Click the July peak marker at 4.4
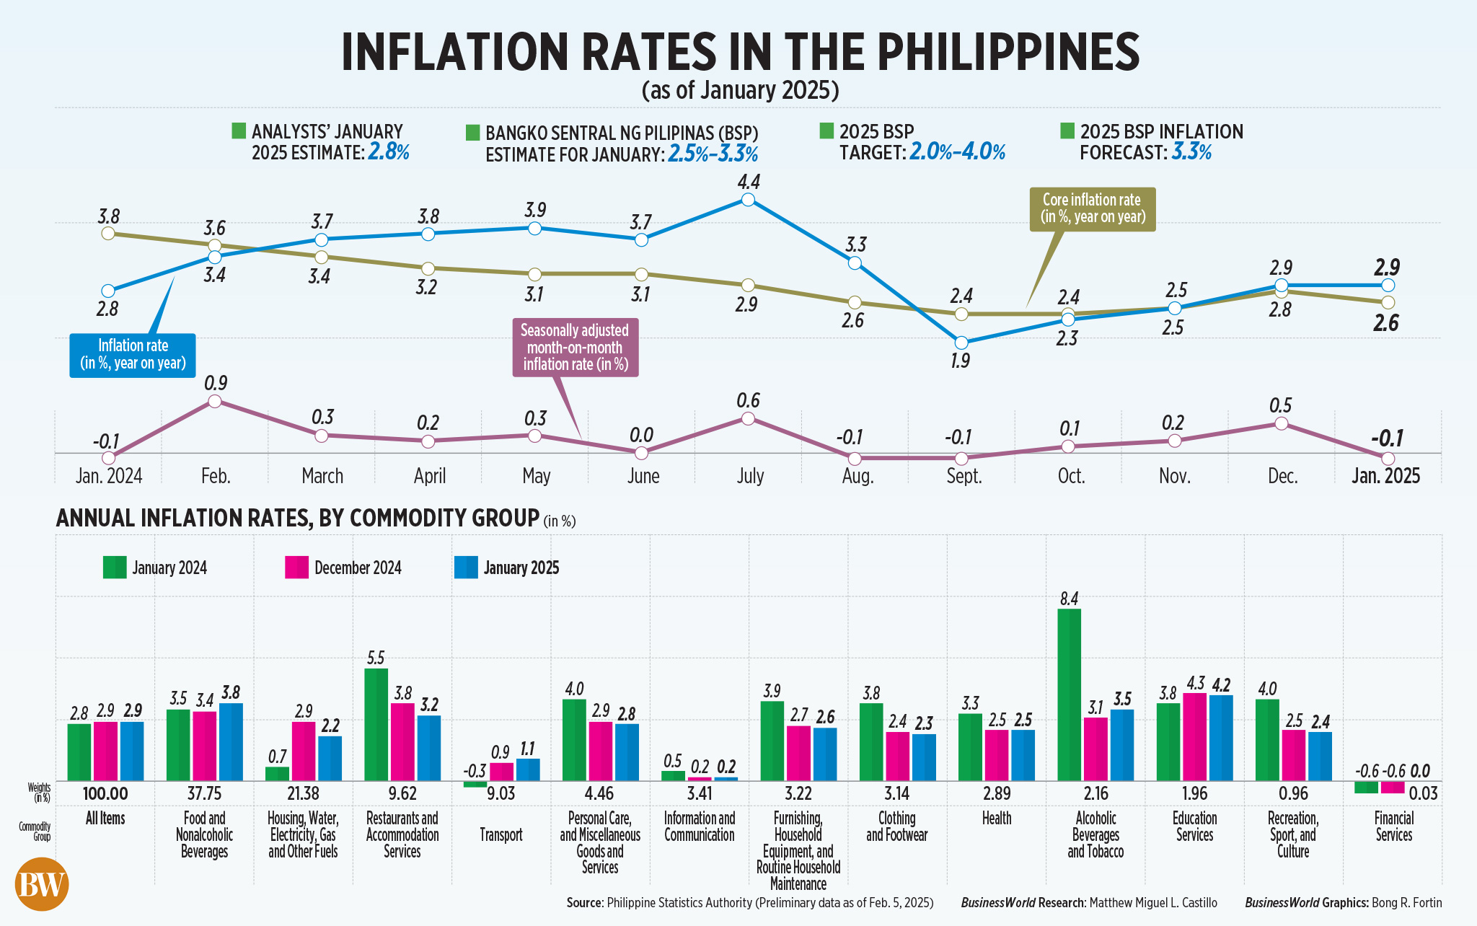click(x=748, y=200)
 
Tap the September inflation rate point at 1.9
click(x=961, y=343)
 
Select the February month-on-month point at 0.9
click(x=214, y=401)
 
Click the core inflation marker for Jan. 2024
click(x=108, y=233)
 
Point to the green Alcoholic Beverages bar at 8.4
click(x=1069, y=694)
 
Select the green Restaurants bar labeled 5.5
click(x=376, y=724)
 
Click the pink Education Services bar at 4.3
click(x=1195, y=736)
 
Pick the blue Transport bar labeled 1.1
click(x=528, y=770)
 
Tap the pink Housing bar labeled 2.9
click(x=303, y=751)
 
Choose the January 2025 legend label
click(x=521, y=568)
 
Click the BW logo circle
click(x=42, y=884)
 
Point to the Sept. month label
click(x=964, y=476)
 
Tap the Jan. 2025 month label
click(x=1385, y=476)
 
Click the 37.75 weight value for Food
click(x=204, y=794)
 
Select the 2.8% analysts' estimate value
click(x=389, y=153)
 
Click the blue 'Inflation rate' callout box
click(x=133, y=355)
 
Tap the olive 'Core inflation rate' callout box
click(x=1092, y=209)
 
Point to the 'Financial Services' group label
click(x=1393, y=826)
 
